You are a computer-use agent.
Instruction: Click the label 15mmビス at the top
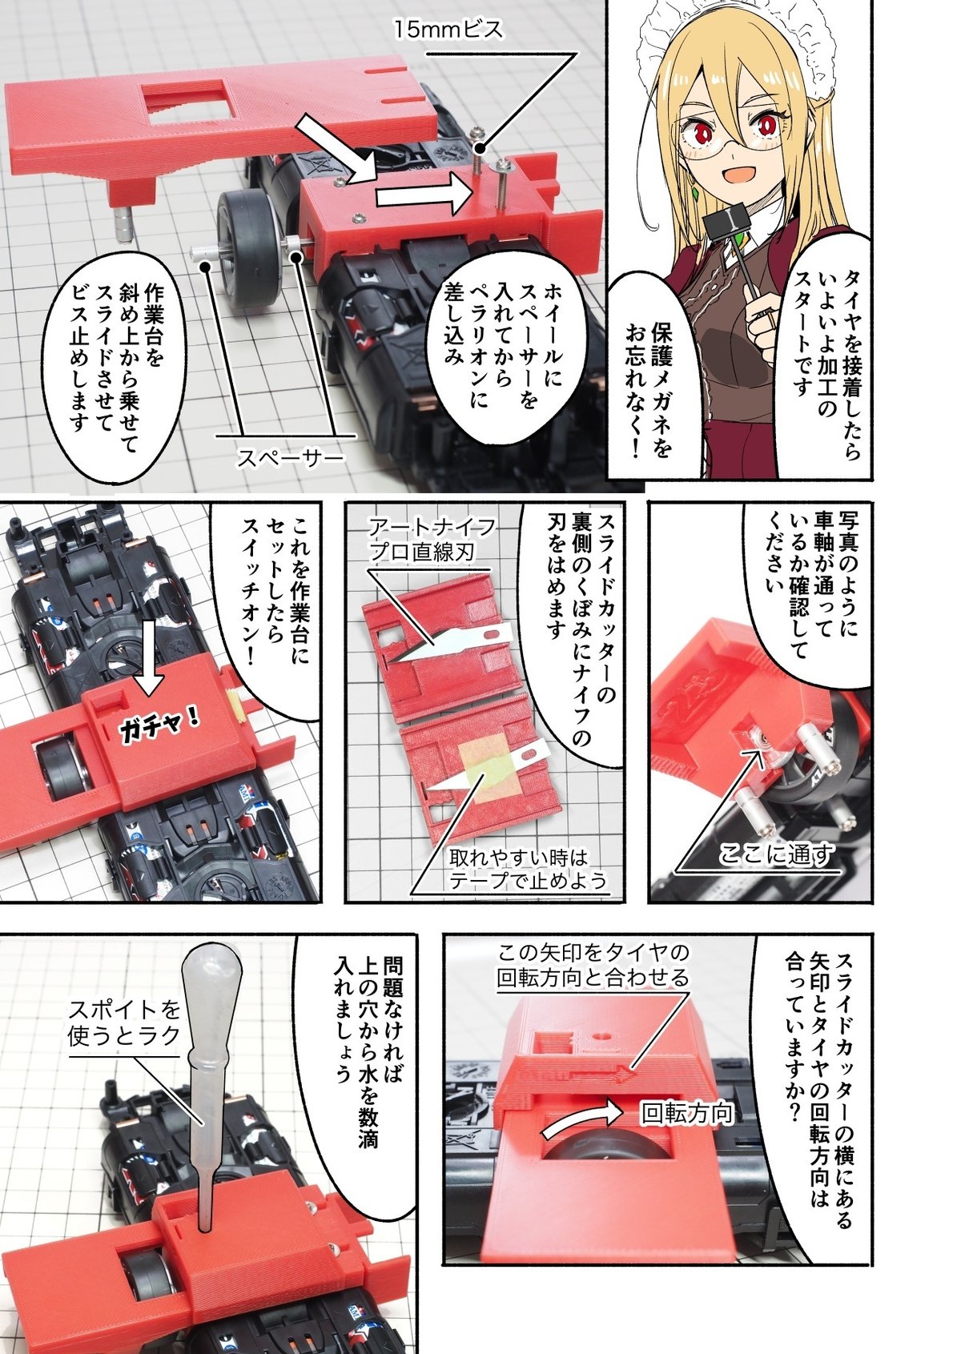pyautogui.click(x=448, y=30)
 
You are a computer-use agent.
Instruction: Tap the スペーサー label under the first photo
pyautogui.click(x=290, y=457)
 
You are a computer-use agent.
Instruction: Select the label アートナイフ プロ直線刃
pyautogui.click(x=432, y=539)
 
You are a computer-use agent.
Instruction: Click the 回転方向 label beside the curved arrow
pyautogui.click(x=686, y=1113)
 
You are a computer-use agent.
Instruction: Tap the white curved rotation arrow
pyautogui.click(x=582, y=1116)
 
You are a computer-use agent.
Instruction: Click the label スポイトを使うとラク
pyautogui.click(x=124, y=1023)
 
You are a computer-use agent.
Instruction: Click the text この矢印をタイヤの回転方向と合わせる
pyautogui.click(x=593, y=964)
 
